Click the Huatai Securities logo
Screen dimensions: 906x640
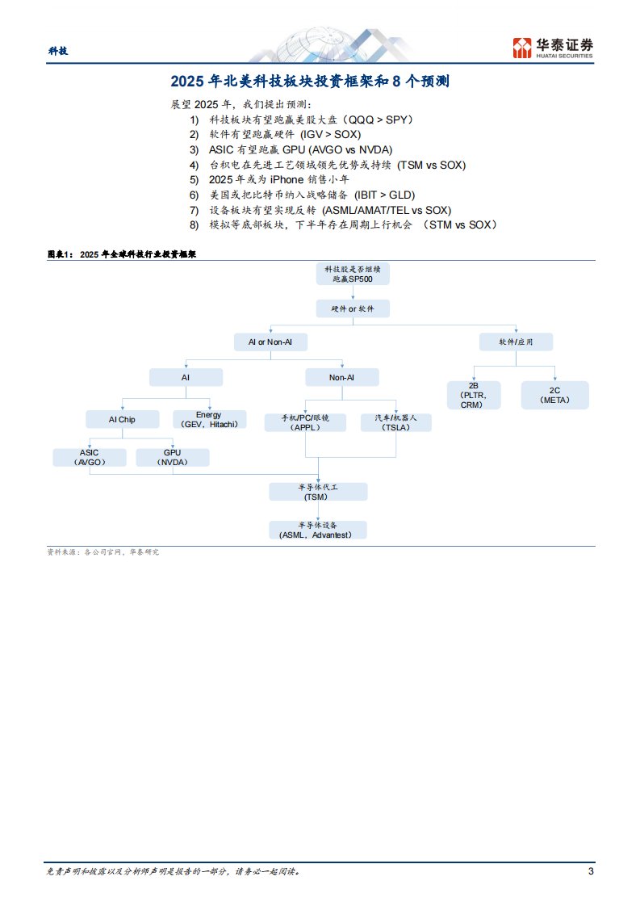(x=553, y=48)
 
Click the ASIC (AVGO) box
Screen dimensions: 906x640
(x=90, y=457)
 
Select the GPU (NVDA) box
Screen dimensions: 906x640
(x=172, y=457)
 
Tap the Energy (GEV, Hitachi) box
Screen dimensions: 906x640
(x=208, y=419)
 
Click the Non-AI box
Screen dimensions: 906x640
(x=341, y=377)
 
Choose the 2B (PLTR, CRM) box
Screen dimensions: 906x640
(x=475, y=395)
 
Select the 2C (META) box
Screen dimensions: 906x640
(x=554, y=395)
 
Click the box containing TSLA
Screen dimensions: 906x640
(x=396, y=422)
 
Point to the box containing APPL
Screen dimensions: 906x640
(x=305, y=422)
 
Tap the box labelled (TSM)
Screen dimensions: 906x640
(x=318, y=492)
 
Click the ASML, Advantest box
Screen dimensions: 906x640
(x=318, y=530)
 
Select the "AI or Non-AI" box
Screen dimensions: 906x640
(x=270, y=342)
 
